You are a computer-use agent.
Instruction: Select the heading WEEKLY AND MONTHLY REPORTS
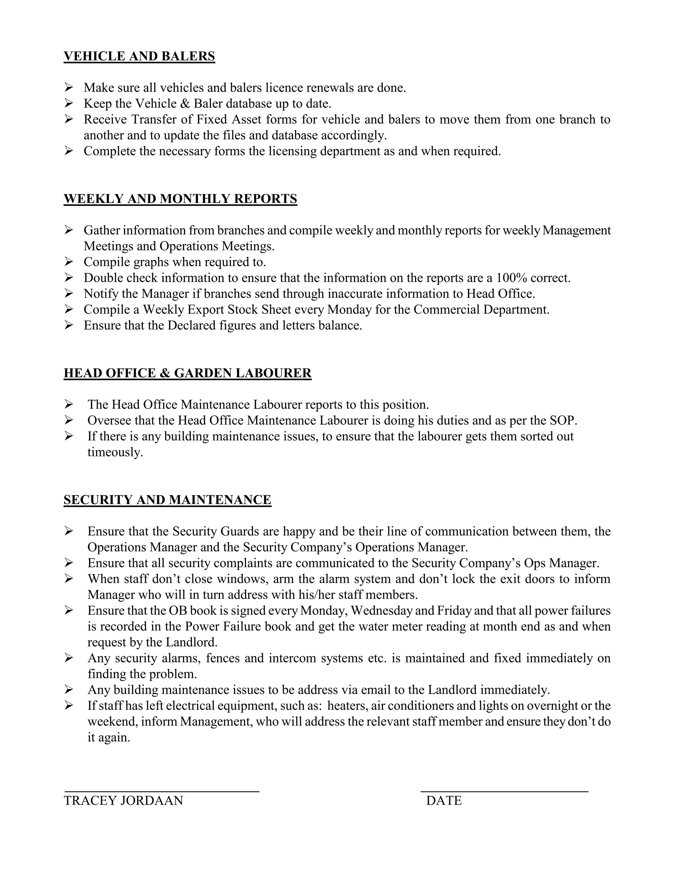tap(180, 199)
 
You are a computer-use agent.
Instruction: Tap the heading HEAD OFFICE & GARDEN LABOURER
tap(188, 373)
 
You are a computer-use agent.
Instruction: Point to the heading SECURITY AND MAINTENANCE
tap(167, 500)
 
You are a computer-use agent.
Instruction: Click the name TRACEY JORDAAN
tap(123, 800)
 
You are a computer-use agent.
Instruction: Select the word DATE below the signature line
tap(444, 800)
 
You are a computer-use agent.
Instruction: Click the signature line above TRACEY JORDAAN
tap(162, 791)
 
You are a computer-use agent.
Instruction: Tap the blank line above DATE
tap(504, 791)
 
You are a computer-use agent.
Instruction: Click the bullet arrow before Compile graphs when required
tap(69, 262)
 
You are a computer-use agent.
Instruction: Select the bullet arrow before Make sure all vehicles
tap(69, 87)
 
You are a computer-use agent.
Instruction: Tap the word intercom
tap(292, 658)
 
